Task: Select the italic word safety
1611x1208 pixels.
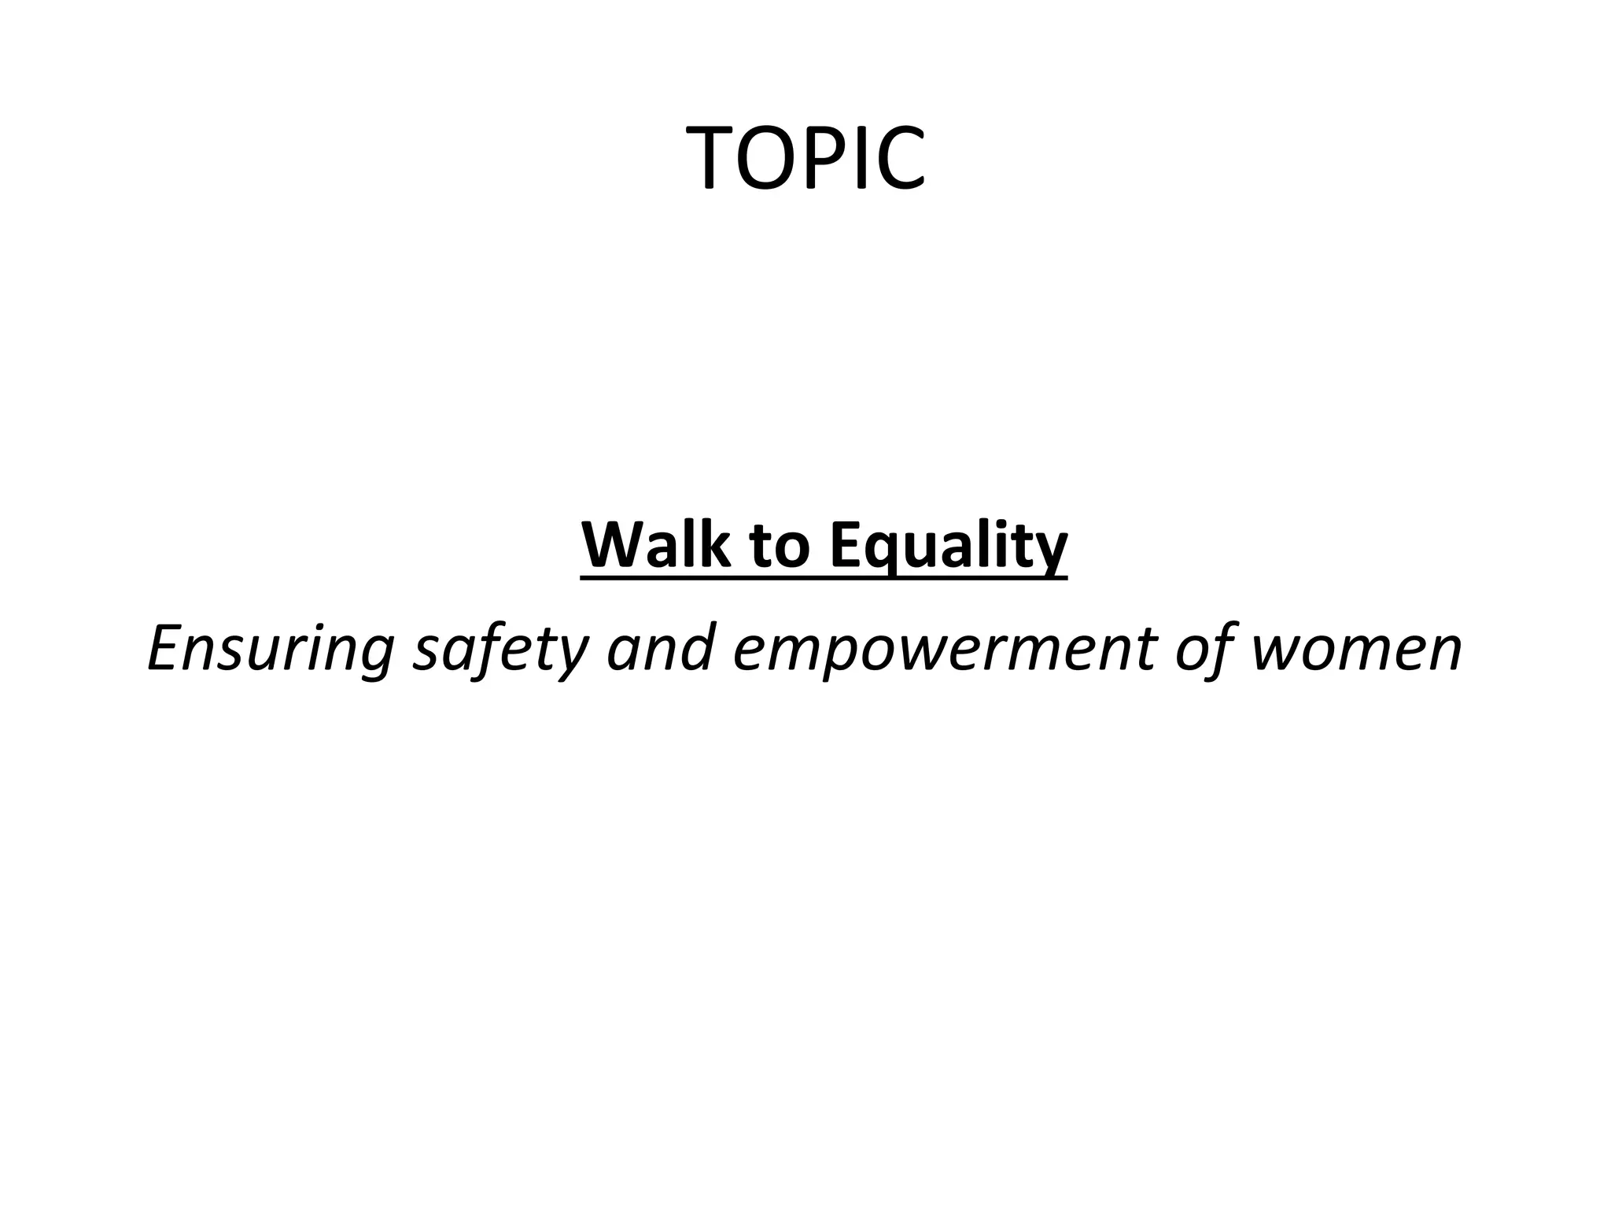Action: pos(500,650)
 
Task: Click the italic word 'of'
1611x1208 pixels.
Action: pos(1204,650)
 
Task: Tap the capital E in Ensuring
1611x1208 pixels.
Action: pos(166,646)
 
